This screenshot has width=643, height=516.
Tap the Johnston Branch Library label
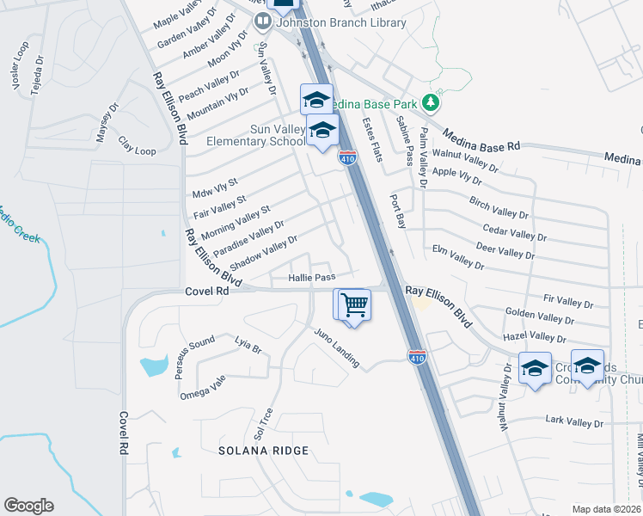(x=340, y=22)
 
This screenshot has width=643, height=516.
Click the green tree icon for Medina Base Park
(x=430, y=104)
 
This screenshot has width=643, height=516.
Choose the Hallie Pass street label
(x=311, y=277)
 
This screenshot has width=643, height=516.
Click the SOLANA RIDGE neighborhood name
(x=263, y=451)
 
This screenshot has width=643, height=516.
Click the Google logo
(x=28, y=506)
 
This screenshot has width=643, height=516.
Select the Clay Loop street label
(x=137, y=145)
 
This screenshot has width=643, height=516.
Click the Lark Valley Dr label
(x=574, y=421)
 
